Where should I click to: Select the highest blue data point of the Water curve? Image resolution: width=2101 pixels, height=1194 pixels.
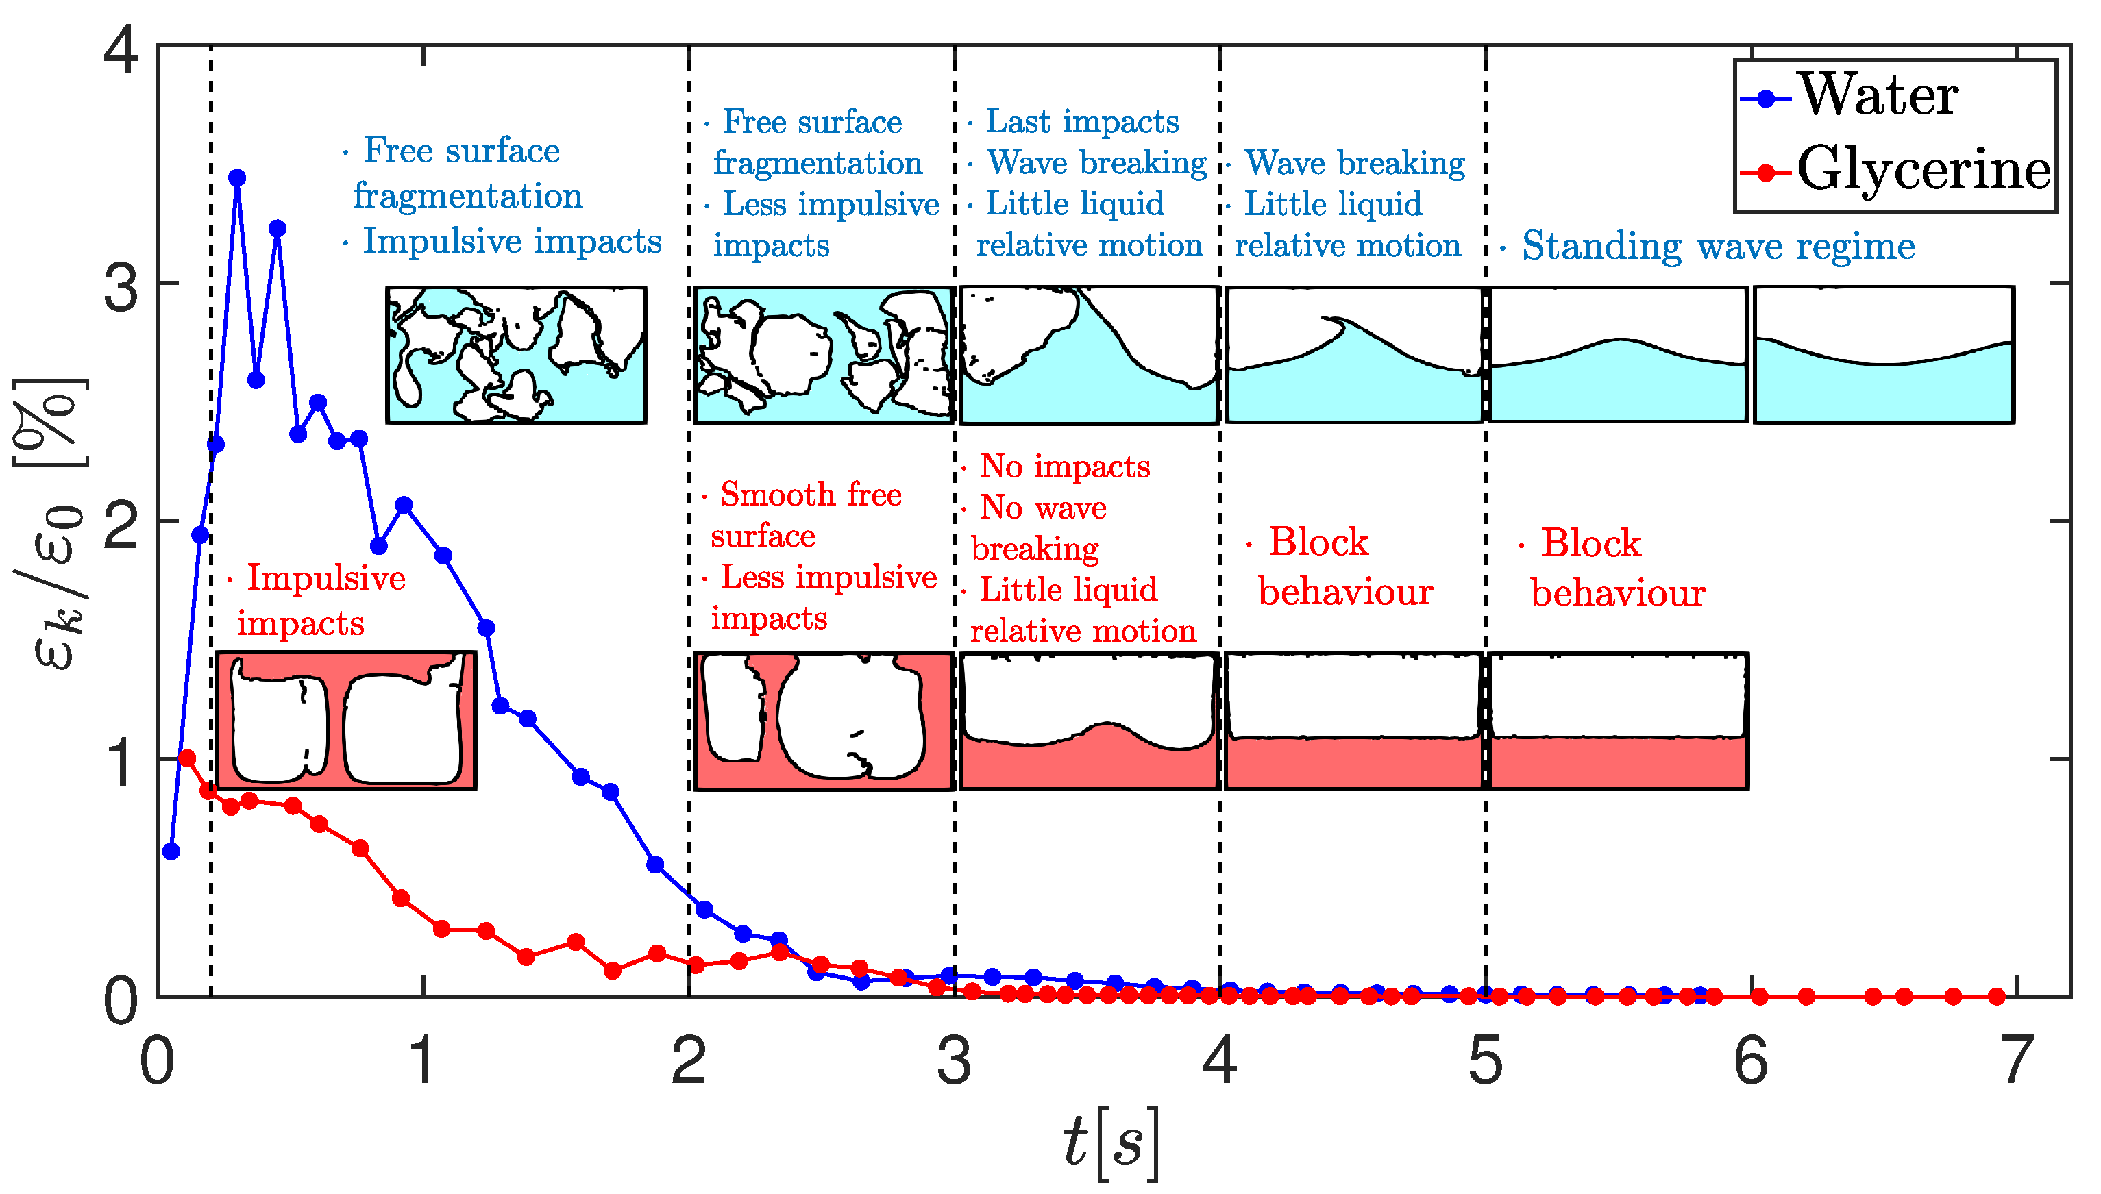[x=237, y=178]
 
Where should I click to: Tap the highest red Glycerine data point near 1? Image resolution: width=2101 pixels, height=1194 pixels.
[x=187, y=758]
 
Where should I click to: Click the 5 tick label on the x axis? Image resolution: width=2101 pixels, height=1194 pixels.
[x=1485, y=1061]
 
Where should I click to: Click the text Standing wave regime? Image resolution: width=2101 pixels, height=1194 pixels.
[x=1717, y=245]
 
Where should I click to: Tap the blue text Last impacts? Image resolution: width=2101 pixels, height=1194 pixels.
[x=1081, y=121]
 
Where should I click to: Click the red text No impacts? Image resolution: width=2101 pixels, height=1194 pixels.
[x=1064, y=466]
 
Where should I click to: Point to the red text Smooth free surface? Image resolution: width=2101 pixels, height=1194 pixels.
[x=808, y=514]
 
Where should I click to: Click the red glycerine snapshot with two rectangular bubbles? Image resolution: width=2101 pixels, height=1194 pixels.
[x=346, y=721]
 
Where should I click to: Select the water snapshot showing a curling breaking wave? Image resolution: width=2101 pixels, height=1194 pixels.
[x=1354, y=355]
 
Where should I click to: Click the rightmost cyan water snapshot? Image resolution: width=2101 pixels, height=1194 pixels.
[x=1884, y=355]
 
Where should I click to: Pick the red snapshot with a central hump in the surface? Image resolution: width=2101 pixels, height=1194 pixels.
[x=1089, y=721]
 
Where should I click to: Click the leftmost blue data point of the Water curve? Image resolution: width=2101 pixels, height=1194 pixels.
[x=171, y=851]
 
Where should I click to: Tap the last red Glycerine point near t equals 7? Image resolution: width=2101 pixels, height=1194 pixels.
[x=1997, y=996]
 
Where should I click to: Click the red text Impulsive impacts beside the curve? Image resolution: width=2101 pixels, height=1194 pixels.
[x=320, y=600]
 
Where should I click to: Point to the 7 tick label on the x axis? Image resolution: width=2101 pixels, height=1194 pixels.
[x=2017, y=1061]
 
